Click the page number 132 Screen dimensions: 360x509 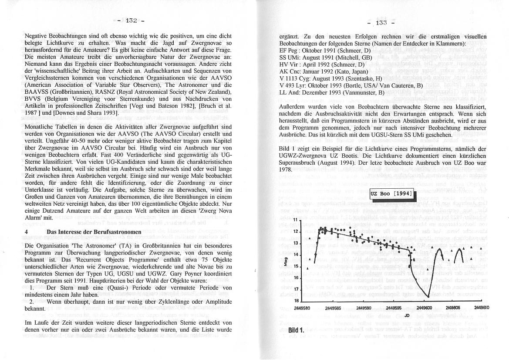pyautogui.click(x=131, y=20)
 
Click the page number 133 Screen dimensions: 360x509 pyautogui.click(x=381, y=23)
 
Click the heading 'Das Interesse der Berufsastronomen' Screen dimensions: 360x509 pyautogui.click(x=94, y=232)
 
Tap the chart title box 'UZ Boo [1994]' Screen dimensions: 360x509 pyautogui.click(x=392, y=194)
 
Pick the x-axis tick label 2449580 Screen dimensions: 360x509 pyautogui.click(x=301, y=308)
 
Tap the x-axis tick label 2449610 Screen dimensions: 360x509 pyautogui.click(x=482, y=308)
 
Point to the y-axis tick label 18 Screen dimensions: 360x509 pyautogui.click(x=297, y=301)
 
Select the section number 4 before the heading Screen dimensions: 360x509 pyautogui.click(x=27, y=232)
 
